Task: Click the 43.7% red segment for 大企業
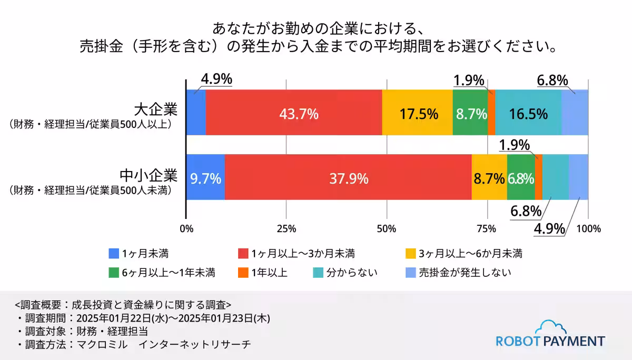click(293, 113)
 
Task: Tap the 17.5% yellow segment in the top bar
click(417, 113)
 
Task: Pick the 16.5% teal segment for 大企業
click(528, 113)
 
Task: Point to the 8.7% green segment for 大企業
click(470, 113)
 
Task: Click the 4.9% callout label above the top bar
click(216, 79)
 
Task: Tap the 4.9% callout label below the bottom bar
click(549, 229)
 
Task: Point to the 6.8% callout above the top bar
click(552, 81)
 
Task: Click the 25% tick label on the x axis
click(287, 228)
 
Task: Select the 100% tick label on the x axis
click(589, 228)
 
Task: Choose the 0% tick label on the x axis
click(186, 228)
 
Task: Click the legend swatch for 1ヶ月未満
click(114, 254)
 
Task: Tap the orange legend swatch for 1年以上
click(244, 273)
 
